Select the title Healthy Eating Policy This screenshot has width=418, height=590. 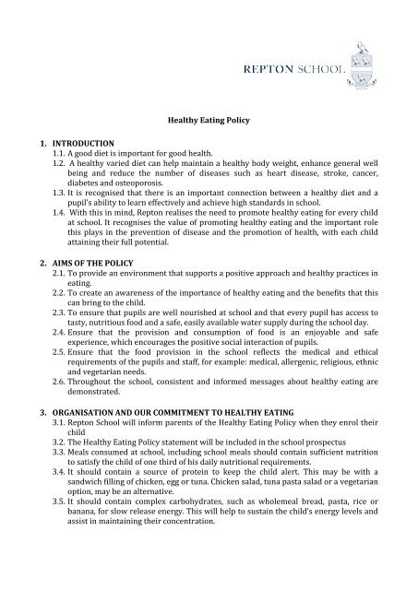pyautogui.click(x=209, y=119)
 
